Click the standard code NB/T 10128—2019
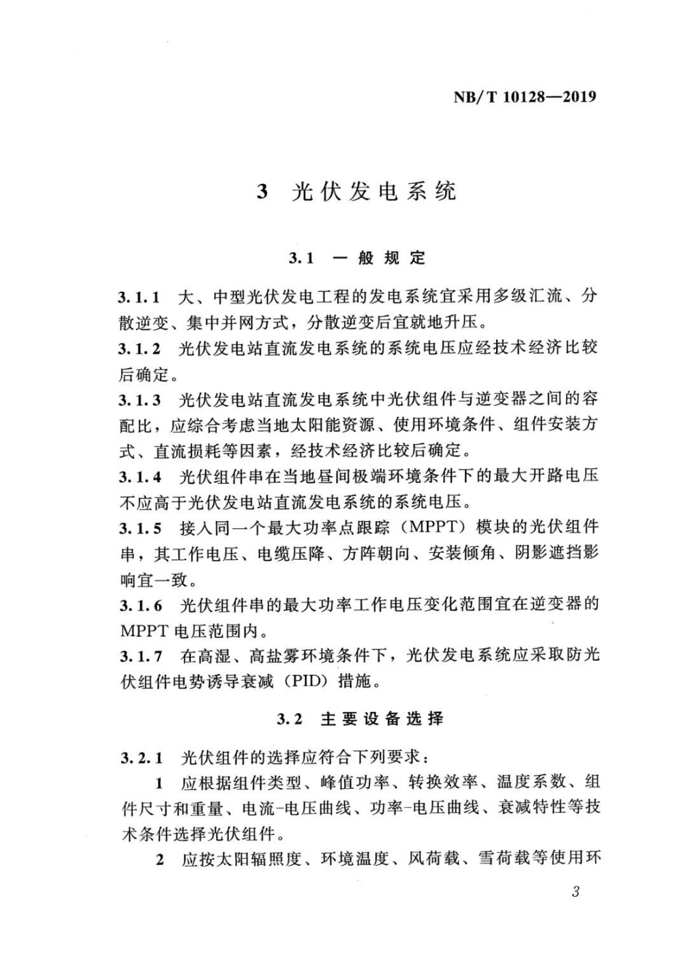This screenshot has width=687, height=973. [x=525, y=97]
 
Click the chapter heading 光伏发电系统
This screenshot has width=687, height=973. [x=374, y=191]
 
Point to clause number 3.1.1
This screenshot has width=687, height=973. [x=139, y=297]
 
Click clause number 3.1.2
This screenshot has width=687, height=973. [x=139, y=348]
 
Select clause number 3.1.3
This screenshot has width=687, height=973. [x=139, y=400]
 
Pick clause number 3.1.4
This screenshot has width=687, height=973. [x=139, y=477]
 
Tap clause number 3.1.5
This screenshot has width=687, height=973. [x=139, y=528]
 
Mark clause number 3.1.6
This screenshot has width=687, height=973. [x=139, y=605]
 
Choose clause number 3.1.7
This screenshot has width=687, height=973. [x=139, y=656]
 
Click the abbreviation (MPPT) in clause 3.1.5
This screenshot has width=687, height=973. [x=435, y=528]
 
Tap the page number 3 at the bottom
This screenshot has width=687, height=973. [x=576, y=892]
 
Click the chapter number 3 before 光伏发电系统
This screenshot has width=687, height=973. [x=262, y=192]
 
